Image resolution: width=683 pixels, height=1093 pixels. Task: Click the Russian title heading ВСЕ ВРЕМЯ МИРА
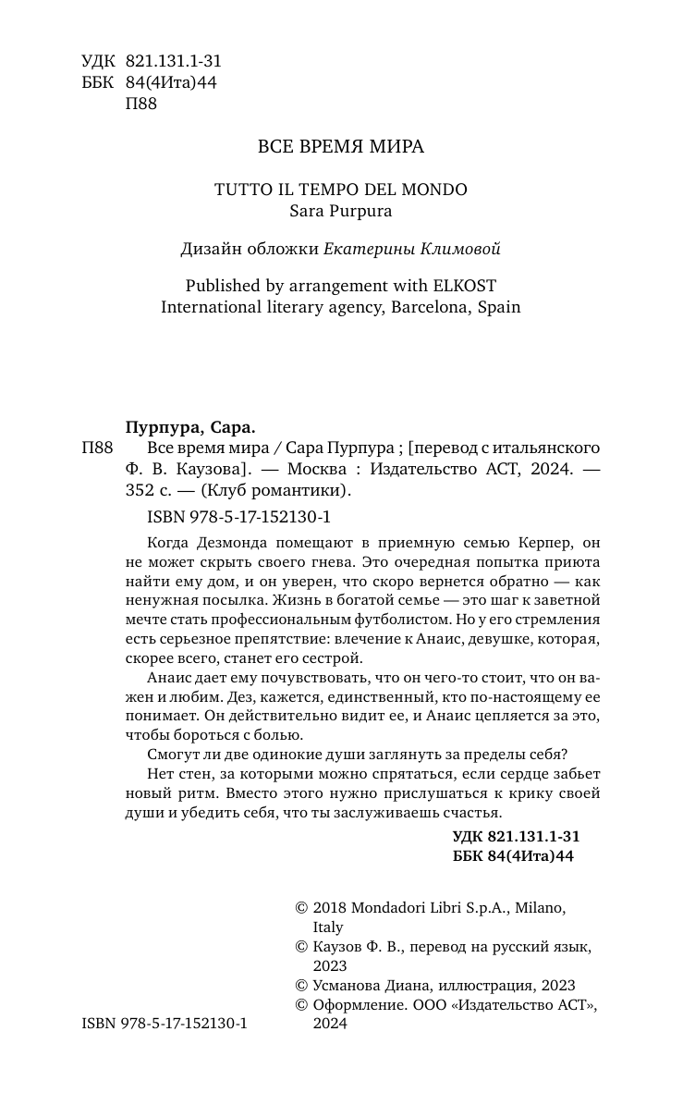point(340,146)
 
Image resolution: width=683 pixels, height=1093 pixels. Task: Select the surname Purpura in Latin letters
point(361,211)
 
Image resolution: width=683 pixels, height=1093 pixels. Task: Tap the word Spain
point(498,307)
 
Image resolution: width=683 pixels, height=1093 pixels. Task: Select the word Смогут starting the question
point(171,755)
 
